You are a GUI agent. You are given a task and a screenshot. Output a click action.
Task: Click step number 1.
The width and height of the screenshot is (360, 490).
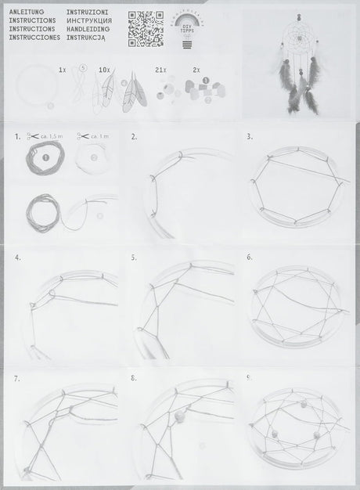click(17, 137)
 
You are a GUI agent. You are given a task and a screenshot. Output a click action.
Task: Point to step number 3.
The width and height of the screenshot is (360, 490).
click(249, 136)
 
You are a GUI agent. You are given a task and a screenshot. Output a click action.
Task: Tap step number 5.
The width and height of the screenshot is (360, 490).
click(134, 256)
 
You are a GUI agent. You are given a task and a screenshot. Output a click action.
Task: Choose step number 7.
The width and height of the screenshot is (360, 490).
click(17, 377)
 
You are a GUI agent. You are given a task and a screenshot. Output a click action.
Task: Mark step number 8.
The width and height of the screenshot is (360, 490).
click(134, 377)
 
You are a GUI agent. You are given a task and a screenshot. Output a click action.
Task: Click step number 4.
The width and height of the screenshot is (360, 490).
click(17, 256)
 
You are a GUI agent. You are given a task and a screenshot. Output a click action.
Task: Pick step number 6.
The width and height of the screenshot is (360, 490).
click(249, 256)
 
